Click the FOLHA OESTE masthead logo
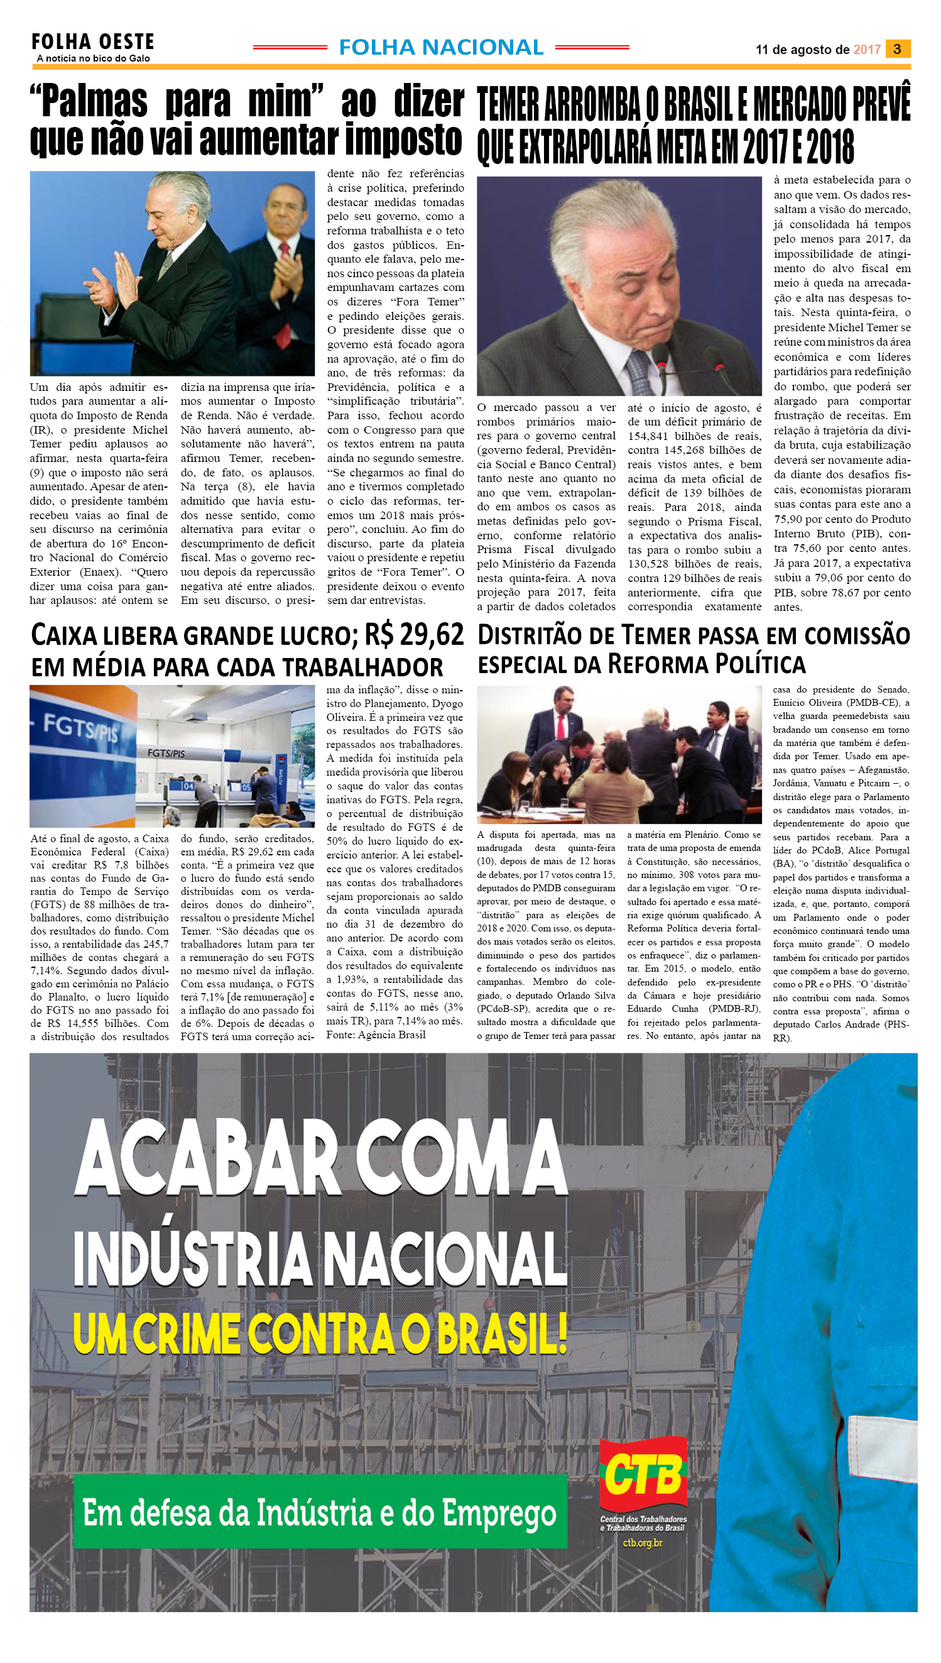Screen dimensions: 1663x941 (x=92, y=42)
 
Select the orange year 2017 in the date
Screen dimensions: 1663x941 (x=867, y=50)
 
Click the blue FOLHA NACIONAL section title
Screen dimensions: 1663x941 (x=441, y=47)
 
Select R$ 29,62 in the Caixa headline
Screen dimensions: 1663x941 (x=413, y=635)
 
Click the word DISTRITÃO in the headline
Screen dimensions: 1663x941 (x=532, y=635)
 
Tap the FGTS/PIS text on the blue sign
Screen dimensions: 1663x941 (x=80, y=728)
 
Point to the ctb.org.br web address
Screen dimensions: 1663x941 (x=643, y=1543)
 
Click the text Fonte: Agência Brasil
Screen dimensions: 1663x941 (x=376, y=1035)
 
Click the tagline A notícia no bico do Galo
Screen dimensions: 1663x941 (x=93, y=58)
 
